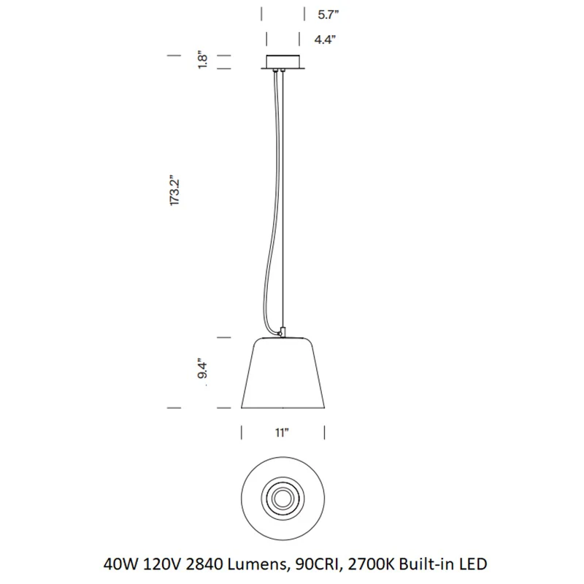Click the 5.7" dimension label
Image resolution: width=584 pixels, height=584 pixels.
click(x=328, y=15)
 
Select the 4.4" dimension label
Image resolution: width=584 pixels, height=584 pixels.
click(x=325, y=39)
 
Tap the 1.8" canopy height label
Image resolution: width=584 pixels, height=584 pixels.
click(x=202, y=60)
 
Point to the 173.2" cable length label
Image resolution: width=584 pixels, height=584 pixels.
click(x=174, y=190)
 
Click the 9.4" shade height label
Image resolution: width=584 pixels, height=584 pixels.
click(x=202, y=369)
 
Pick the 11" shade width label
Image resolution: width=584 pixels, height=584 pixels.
click(x=282, y=432)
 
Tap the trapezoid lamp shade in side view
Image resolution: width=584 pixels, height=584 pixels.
click(x=283, y=373)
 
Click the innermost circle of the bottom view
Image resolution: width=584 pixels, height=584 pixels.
click(x=283, y=499)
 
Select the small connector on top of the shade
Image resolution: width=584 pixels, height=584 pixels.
click(x=283, y=332)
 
